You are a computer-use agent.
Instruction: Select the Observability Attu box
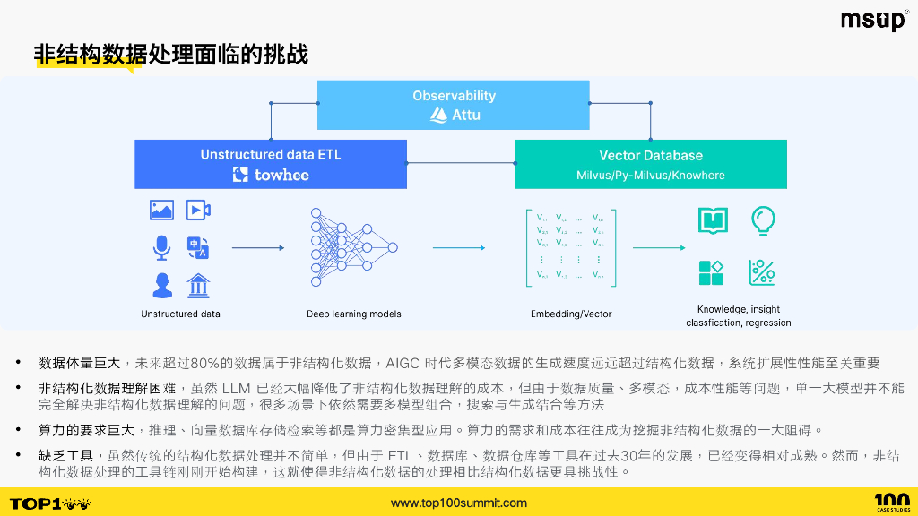[454, 105]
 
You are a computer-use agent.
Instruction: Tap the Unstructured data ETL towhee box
[271, 164]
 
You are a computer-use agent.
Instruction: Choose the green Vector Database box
[650, 164]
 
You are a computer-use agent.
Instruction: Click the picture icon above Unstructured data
[162, 211]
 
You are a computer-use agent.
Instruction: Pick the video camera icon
[198, 211]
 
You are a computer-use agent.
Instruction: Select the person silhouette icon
[162, 286]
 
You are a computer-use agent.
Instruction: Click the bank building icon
[198, 286]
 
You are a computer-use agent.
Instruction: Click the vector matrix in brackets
[570, 246]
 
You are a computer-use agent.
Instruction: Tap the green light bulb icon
[762, 219]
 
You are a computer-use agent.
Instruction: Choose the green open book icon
[713, 219]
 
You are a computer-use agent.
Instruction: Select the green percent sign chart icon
[762, 272]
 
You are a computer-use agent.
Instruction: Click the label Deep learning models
[353, 314]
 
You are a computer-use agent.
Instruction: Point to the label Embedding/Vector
[571, 314]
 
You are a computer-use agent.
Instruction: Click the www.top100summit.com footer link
[458, 503]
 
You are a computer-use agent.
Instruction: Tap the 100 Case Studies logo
[891, 502]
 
